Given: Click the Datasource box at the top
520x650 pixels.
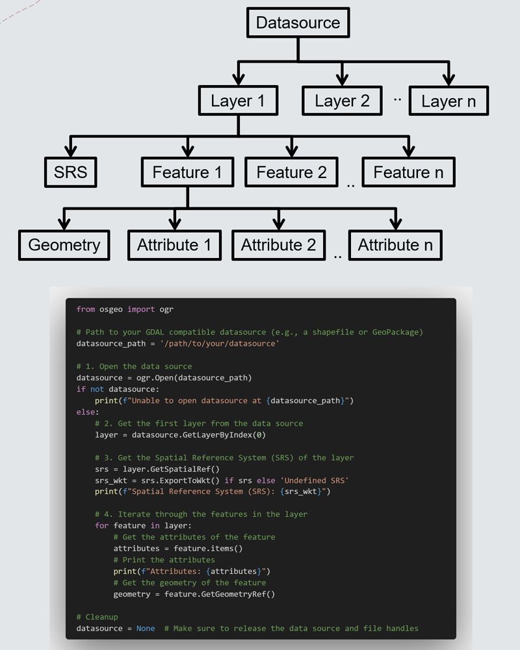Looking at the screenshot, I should pyautogui.click(x=298, y=23).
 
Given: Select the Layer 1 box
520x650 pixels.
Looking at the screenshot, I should pyautogui.click(x=238, y=101).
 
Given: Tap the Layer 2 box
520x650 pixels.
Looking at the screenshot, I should pyautogui.click(x=342, y=101).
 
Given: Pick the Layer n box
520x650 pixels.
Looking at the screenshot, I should pyautogui.click(x=448, y=101).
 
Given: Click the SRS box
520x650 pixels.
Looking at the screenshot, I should pyautogui.click(x=71, y=173).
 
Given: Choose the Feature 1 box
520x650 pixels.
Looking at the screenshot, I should pyautogui.click(x=187, y=173).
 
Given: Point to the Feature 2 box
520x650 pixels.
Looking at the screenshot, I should pyautogui.click(x=291, y=173).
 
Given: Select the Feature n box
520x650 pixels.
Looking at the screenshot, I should pyautogui.click(x=408, y=173).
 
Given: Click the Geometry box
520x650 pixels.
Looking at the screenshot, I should pyautogui.click(x=64, y=245).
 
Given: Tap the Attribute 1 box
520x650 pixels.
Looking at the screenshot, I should pyautogui.click(x=174, y=245).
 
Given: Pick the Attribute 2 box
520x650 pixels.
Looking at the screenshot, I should pyautogui.click(x=278, y=245).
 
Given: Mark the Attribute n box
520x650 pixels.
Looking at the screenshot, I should pyautogui.click(x=395, y=245).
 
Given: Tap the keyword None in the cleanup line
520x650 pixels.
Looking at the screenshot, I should pyautogui.click(x=146, y=629).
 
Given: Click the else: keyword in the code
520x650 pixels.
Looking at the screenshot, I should pyautogui.click(x=88, y=412).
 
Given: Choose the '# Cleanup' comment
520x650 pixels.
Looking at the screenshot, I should pyautogui.click(x=97, y=617).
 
